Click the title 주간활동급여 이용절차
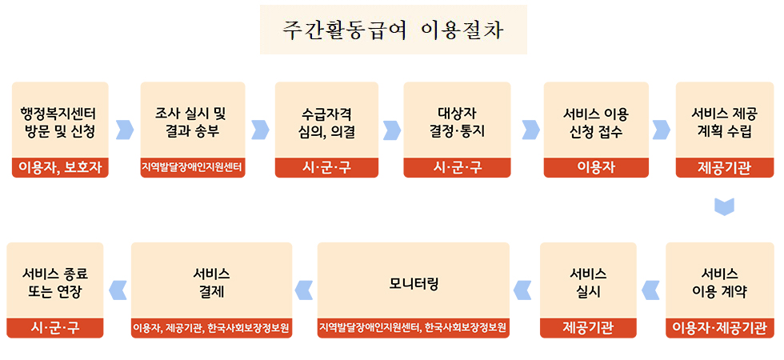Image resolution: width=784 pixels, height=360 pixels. pyautogui.click(x=393, y=30)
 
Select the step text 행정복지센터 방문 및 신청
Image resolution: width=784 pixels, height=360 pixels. pyautogui.click(x=60, y=122)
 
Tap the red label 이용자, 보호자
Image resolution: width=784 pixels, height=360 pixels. pyautogui.click(x=60, y=168)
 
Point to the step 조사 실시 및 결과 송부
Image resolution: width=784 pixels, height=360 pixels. pyautogui.click(x=193, y=122)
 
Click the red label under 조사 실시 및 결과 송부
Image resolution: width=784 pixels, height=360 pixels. pyautogui.click(x=193, y=168)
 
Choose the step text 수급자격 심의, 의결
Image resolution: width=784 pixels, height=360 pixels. pyautogui.click(x=326, y=122)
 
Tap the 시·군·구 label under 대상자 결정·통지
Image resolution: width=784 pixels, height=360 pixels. pyautogui.click(x=458, y=168)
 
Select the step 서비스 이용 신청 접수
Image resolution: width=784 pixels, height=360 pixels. pyautogui.click(x=595, y=122)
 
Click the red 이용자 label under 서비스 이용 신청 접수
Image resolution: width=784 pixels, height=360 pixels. pyautogui.click(x=595, y=168)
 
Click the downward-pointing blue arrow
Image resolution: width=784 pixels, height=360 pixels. pyautogui.click(x=723, y=206)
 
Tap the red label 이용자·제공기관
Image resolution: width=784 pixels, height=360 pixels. pyautogui.click(x=719, y=328)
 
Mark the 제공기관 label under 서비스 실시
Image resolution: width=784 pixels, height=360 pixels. pyautogui.click(x=588, y=328)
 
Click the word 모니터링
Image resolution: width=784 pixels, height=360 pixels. pyautogui.click(x=414, y=283)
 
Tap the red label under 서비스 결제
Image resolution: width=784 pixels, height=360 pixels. pyautogui.click(x=211, y=329)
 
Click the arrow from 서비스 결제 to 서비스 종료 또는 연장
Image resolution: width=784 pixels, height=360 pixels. pyautogui.click(x=118, y=290)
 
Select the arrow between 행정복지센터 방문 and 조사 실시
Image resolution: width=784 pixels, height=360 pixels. pyautogui.click(x=125, y=129)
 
